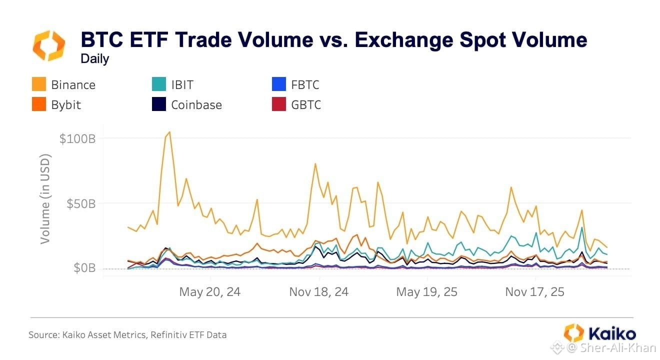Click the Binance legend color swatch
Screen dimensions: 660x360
[39, 84]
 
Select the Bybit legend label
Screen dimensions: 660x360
[66, 105]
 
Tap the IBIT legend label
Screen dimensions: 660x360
[182, 85]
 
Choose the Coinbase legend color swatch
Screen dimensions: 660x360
[159, 104]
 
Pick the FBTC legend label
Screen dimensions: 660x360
[305, 85]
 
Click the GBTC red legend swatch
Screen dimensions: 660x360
[278, 104]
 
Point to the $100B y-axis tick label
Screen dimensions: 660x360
[77, 138]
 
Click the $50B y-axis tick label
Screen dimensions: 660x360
[81, 204]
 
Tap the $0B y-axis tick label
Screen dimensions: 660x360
[84, 268]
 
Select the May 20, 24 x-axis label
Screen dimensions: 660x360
[210, 292]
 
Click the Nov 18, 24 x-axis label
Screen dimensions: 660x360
[319, 292]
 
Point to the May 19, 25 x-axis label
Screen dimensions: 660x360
[426, 292]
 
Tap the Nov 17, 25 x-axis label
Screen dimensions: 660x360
[535, 292]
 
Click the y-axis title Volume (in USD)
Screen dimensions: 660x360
[45, 199]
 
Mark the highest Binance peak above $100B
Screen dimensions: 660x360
[169, 132]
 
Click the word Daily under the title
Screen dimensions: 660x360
[95, 59]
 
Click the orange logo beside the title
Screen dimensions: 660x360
[48, 45]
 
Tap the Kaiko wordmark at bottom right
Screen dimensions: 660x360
[612, 334]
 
